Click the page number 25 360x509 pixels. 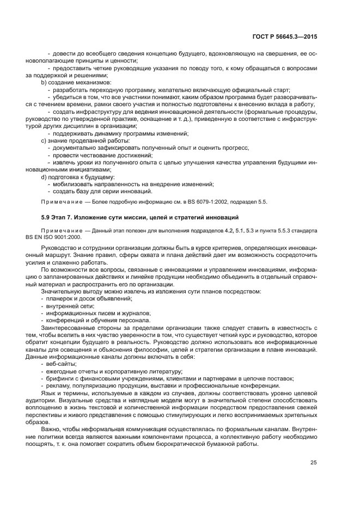click(314, 463)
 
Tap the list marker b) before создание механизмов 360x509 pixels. click(44, 82)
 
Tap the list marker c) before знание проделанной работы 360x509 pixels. click(44, 140)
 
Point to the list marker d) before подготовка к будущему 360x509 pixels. click(44, 177)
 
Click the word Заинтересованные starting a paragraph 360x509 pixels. click(68, 328)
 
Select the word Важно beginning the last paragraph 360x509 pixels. click(51, 428)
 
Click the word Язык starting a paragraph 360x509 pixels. click(47, 392)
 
